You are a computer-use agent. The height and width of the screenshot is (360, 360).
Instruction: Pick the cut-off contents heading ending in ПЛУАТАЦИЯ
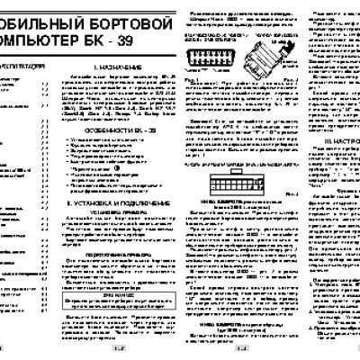pyautogui.click(x=23, y=67)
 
